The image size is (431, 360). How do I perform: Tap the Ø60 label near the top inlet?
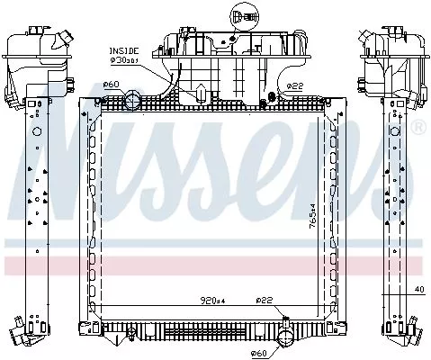click(x=112, y=85)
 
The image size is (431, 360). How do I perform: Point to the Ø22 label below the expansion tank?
click(x=295, y=85)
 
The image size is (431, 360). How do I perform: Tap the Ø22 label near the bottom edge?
click(x=264, y=300)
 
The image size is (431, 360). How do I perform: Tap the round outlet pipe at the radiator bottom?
click(x=283, y=337)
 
